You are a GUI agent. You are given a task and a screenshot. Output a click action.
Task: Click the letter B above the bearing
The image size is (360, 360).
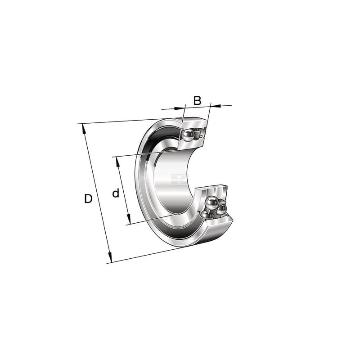(x=197, y=100)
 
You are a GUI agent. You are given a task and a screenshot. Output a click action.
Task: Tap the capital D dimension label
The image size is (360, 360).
(x=88, y=198)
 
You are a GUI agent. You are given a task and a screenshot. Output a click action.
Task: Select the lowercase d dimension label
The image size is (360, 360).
(x=116, y=193)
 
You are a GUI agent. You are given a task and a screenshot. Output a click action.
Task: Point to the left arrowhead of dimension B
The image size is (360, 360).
(x=180, y=108)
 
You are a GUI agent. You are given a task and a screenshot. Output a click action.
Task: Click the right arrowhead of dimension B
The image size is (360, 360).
(x=216, y=106)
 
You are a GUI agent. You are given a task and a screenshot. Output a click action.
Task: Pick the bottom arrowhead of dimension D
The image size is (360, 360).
(x=110, y=257)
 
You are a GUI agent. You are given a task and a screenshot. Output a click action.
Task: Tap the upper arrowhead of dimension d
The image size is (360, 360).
(x=118, y=162)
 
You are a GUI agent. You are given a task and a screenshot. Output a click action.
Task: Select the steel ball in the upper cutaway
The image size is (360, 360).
(x=188, y=135)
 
